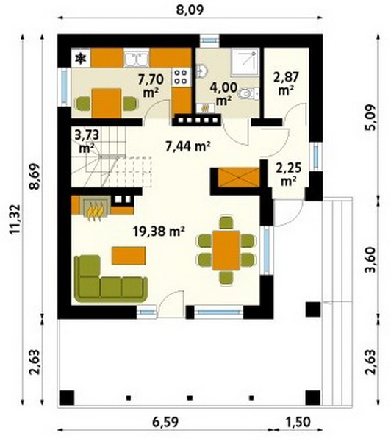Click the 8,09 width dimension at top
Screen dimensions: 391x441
(x=190, y=10)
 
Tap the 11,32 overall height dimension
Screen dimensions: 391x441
(x=15, y=219)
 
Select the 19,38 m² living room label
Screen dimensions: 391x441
(x=159, y=232)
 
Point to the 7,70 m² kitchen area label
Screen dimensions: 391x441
(x=151, y=85)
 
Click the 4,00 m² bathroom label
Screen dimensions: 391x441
(x=224, y=93)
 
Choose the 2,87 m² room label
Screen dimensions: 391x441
(x=286, y=83)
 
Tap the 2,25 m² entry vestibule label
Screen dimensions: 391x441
(x=289, y=174)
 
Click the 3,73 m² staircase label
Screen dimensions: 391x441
(x=87, y=141)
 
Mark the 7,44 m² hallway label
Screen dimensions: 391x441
(x=188, y=147)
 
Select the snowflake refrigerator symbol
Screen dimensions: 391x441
(x=81, y=59)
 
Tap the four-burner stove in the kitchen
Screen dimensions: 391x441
(x=180, y=77)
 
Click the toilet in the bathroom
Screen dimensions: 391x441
(x=248, y=93)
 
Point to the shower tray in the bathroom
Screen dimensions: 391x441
(x=245, y=62)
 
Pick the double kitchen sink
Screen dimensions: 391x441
(x=137, y=58)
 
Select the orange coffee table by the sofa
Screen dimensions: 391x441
(x=129, y=255)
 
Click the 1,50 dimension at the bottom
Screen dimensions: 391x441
(x=298, y=422)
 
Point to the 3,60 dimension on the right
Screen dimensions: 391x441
(x=370, y=259)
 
